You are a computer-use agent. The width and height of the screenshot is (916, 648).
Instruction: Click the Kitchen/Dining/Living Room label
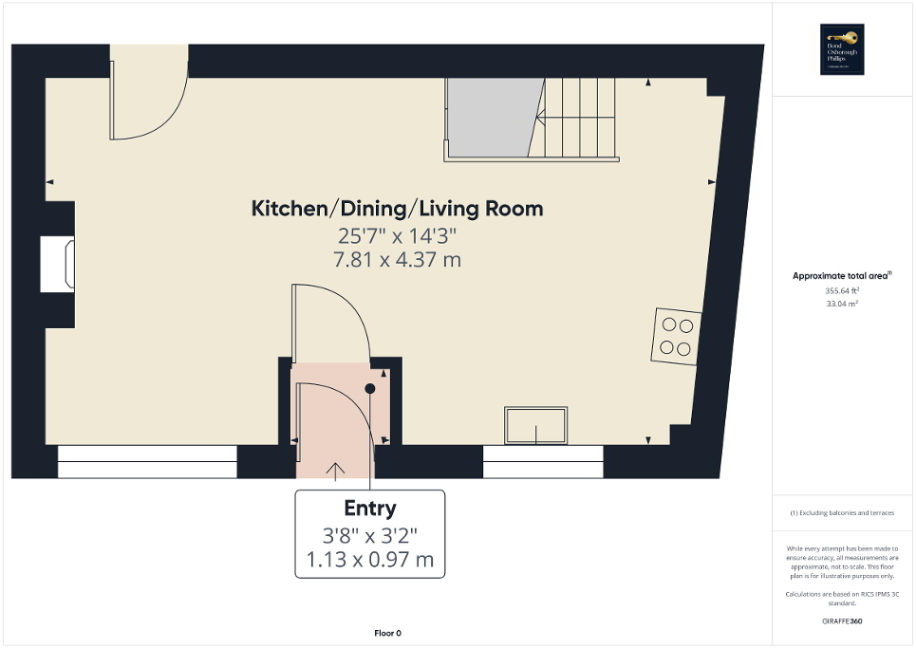(397, 209)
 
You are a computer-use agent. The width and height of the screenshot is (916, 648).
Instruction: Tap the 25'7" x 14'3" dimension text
(397, 234)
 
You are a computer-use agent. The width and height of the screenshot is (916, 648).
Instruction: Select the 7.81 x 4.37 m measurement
(397, 259)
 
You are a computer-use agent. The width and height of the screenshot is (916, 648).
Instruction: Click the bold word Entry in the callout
(369, 509)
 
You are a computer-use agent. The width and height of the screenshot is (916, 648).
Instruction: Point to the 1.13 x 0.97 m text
(369, 560)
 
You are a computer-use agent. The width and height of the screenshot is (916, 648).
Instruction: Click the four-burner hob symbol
(675, 336)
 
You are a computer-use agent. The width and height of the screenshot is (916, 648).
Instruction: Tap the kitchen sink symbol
(536, 425)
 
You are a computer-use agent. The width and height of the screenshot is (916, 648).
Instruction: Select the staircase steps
(579, 119)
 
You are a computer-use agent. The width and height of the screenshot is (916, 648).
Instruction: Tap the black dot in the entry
(370, 388)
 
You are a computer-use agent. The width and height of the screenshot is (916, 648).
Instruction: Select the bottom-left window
(147, 467)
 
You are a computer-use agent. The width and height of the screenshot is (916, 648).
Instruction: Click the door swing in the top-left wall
(142, 100)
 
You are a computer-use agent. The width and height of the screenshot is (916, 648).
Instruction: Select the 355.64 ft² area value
(843, 291)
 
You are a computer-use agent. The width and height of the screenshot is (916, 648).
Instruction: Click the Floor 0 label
(386, 633)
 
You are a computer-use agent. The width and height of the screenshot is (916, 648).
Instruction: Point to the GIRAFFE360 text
(843, 621)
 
